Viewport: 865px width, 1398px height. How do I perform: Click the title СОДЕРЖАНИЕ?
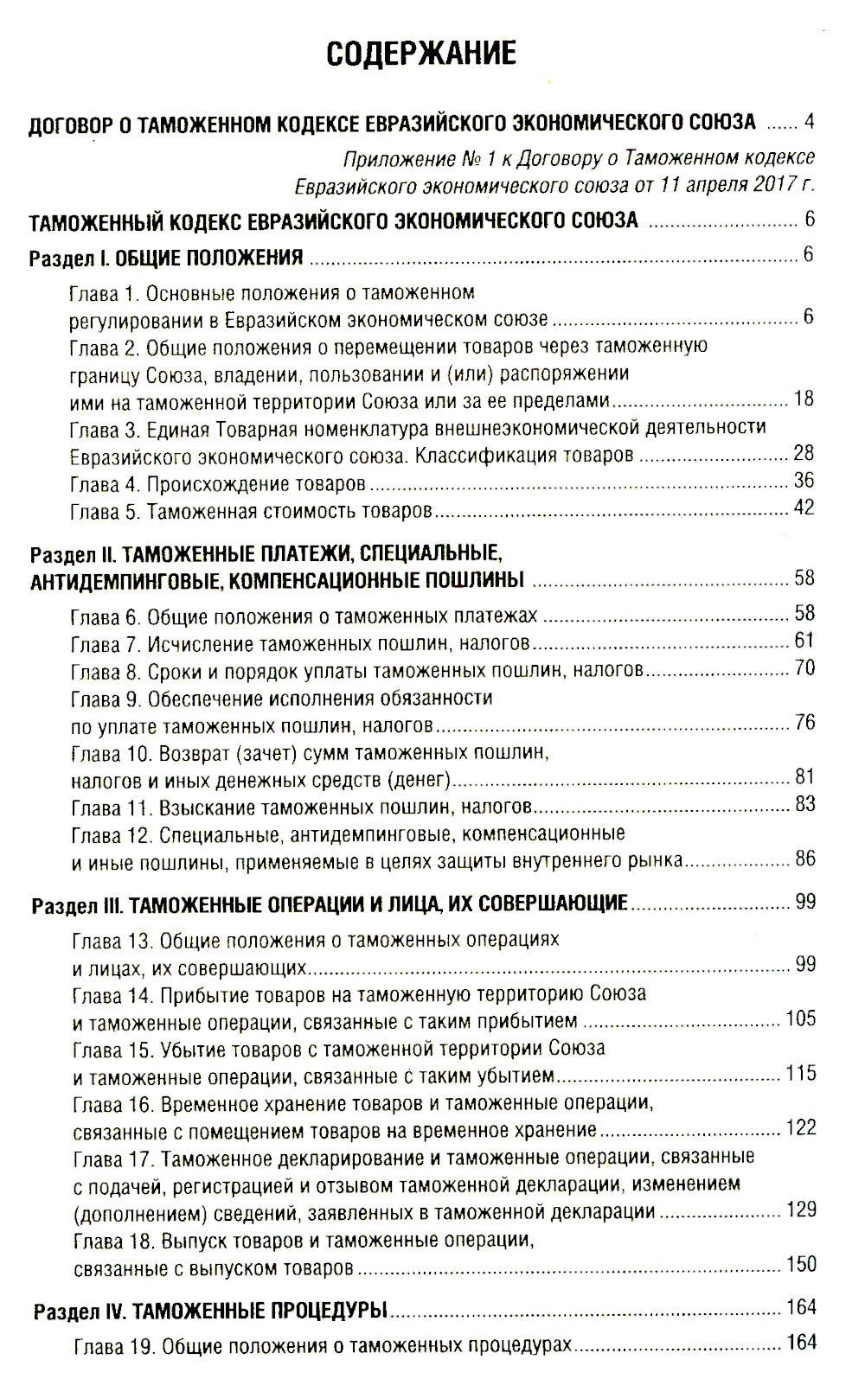coord(421,54)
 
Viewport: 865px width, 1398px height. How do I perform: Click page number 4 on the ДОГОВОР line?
coord(809,121)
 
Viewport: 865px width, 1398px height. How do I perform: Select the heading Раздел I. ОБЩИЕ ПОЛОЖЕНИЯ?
coord(166,258)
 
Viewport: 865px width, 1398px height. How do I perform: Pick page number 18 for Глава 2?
coord(804,399)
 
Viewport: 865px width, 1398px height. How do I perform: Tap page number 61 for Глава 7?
coord(804,641)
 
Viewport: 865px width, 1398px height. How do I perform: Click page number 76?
coord(804,722)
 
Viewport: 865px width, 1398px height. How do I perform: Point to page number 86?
coord(805,859)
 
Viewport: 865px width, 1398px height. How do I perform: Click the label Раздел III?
coord(79,906)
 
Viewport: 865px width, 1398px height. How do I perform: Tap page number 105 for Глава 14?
coord(800,1018)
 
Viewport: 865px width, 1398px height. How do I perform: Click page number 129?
coord(801,1210)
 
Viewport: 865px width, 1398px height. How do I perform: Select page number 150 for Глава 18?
coord(801,1264)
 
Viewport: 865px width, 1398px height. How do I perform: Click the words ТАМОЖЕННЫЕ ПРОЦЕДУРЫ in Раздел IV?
coord(259,1312)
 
